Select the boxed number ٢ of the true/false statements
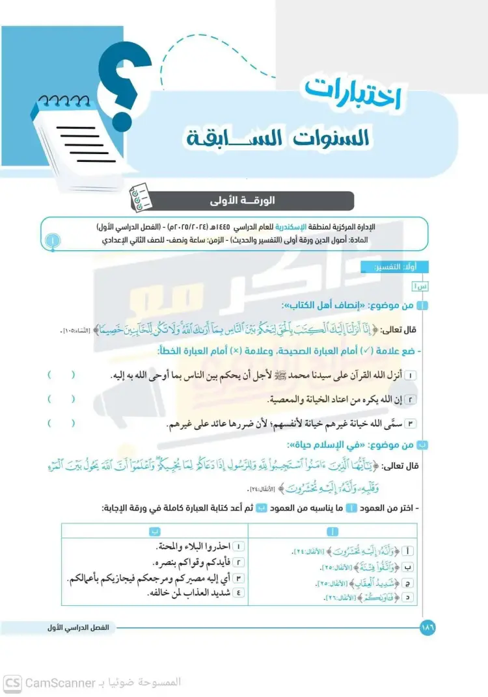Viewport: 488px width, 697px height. [411, 399]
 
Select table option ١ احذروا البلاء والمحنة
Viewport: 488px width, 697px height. [195, 548]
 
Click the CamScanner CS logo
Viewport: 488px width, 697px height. [12, 683]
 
